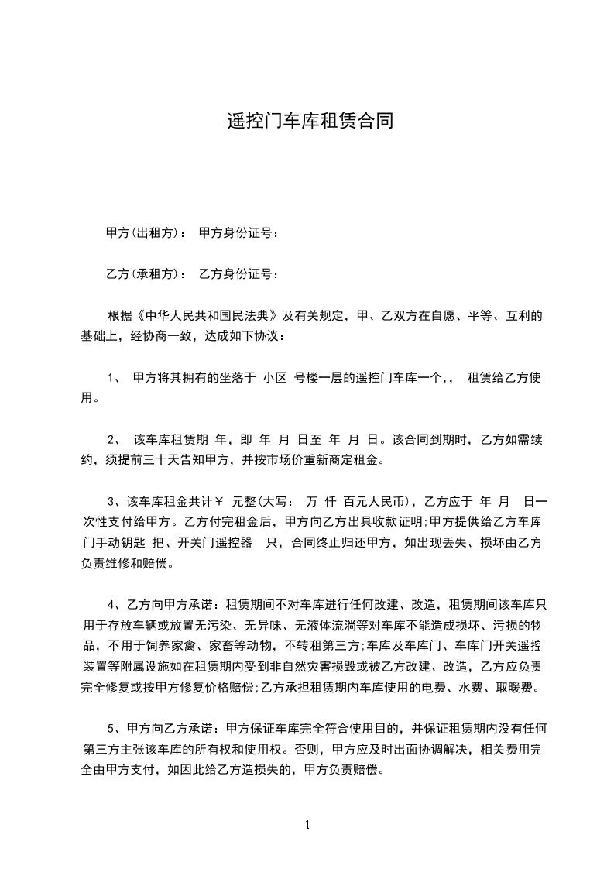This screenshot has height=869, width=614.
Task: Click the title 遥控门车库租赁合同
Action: (307, 122)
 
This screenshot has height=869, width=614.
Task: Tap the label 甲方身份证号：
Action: (238, 232)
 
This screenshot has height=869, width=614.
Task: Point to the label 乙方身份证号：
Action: (238, 273)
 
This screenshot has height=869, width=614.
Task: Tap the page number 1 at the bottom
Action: (307, 825)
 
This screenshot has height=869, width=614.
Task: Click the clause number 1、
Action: (115, 378)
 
